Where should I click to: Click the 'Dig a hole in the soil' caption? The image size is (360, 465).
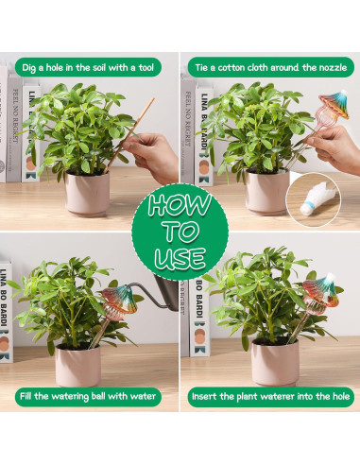click(x=88, y=67)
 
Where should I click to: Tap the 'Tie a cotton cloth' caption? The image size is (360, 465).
click(x=271, y=67)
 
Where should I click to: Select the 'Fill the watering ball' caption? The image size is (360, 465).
click(x=88, y=396)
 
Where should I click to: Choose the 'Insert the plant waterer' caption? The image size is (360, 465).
click(x=271, y=396)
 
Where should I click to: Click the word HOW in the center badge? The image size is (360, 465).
click(x=180, y=204)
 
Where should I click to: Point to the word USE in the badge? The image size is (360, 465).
click(x=180, y=258)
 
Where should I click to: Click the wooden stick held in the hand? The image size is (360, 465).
click(x=129, y=135)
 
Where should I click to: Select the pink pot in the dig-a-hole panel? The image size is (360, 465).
click(x=88, y=193)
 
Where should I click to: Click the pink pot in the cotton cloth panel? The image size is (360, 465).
click(x=267, y=191)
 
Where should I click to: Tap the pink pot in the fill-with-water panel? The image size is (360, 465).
click(x=78, y=366)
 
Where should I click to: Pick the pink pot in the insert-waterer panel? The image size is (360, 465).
click(x=275, y=362)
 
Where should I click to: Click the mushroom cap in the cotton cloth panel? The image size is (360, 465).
click(x=335, y=104)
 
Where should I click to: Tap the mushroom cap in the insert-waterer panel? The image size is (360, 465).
click(x=321, y=290)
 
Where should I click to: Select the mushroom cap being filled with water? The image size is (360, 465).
click(x=120, y=299)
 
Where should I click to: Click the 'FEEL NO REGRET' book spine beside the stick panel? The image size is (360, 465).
click(x=14, y=128)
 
